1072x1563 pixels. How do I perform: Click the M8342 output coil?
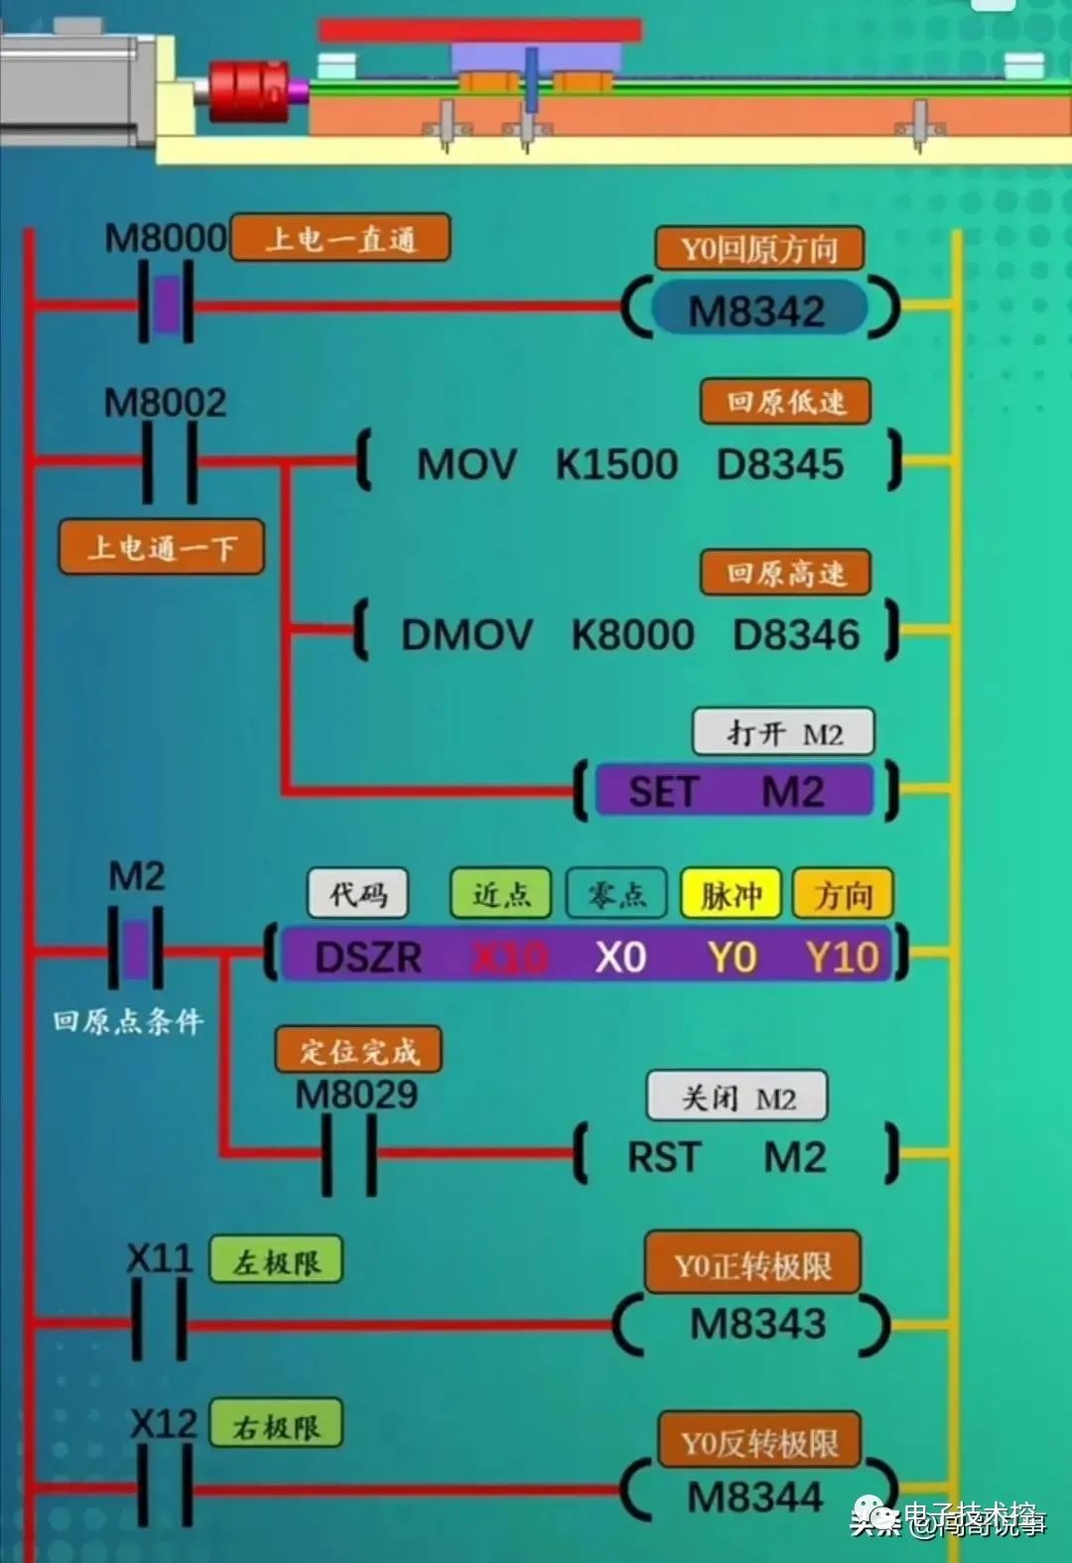(x=758, y=310)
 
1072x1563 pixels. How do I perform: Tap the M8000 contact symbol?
(x=166, y=304)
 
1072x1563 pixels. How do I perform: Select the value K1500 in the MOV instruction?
(x=616, y=464)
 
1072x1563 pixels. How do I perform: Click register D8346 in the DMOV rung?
(x=795, y=635)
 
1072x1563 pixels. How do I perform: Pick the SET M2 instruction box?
(x=734, y=791)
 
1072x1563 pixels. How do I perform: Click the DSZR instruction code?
(x=367, y=957)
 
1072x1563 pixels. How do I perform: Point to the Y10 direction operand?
(x=842, y=957)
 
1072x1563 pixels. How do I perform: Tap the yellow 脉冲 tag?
(x=732, y=895)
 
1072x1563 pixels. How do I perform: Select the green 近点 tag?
(x=500, y=894)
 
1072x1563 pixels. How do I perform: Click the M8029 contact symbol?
(x=349, y=1154)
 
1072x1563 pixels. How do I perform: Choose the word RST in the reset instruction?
(x=664, y=1157)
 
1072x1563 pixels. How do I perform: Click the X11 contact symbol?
(x=159, y=1320)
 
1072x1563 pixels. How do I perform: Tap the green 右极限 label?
(x=276, y=1425)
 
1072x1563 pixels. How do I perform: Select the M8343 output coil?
(x=756, y=1324)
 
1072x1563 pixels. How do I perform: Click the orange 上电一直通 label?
(x=339, y=239)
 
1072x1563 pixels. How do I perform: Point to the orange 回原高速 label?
(x=785, y=574)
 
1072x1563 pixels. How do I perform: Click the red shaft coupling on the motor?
(x=247, y=92)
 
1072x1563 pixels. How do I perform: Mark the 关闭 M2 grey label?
(x=737, y=1098)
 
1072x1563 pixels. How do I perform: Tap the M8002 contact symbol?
(x=170, y=461)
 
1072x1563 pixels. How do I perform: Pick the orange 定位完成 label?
(x=358, y=1051)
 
